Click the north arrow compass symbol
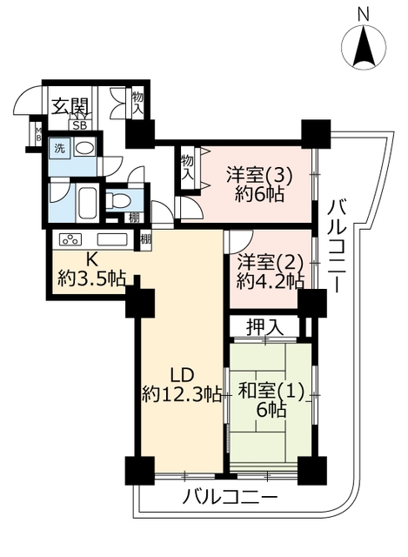pyautogui.click(x=364, y=46)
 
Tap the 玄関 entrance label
pyautogui.click(x=70, y=106)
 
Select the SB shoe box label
pyautogui.click(x=79, y=125)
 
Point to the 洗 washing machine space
pyautogui.click(x=59, y=148)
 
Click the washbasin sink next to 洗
pyautogui.click(x=84, y=148)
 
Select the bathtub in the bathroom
pyautogui.click(x=87, y=204)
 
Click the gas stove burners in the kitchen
pyautogui.click(x=70, y=239)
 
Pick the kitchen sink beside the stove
pyautogui.click(x=112, y=239)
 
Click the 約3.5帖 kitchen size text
pyautogui.click(x=92, y=278)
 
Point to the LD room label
pyautogui.click(x=182, y=376)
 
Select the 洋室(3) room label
pyautogui.click(x=259, y=177)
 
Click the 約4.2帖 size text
pyautogui.click(x=271, y=282)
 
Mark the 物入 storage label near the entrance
pyautogui.click(x=137, y=103)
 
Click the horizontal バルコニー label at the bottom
pyautogui.click(x=230, y=497)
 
